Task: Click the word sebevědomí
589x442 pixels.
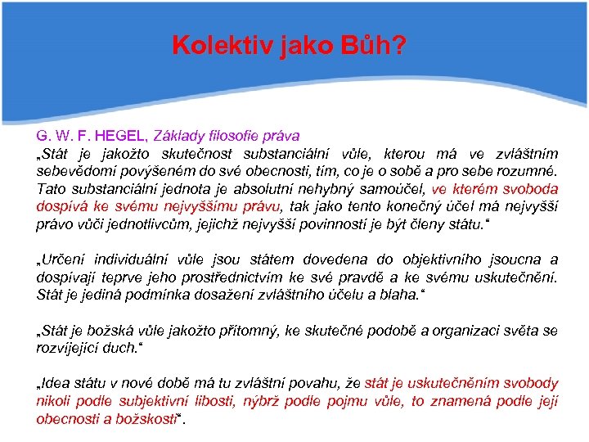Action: coord(71,171)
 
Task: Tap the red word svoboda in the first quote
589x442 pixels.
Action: coord(529,188)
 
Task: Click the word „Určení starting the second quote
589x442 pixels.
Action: coord(61,259)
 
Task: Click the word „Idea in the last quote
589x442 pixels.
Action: coord(52,384)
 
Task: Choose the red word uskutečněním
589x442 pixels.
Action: coord(464,384)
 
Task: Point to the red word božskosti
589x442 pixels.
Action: coord(142,419)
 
